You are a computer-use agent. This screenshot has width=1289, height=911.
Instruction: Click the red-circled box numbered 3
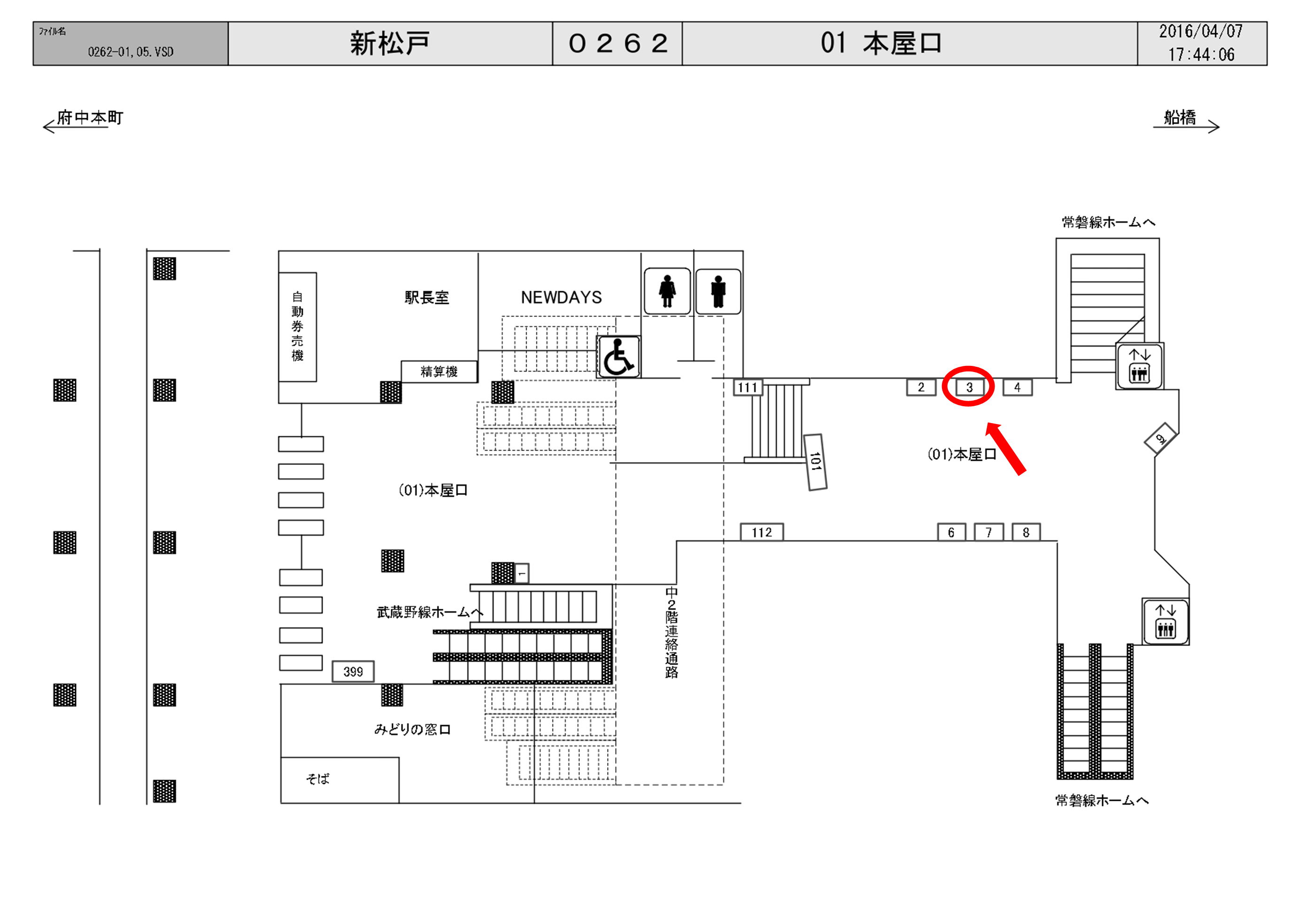[x=969, y=387]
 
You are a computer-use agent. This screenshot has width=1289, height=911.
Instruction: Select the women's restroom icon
[x=667, y=291]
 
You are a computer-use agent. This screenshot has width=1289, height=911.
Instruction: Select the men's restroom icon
[x=718, y=291]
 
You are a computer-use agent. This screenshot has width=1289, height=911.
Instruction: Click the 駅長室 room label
[x=427, y=297]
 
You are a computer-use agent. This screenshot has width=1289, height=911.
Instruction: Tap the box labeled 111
[x=748, y=387]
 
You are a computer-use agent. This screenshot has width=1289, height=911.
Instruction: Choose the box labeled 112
[x=762, y=532]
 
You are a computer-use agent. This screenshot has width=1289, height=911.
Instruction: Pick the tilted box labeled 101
[x=816, y=462]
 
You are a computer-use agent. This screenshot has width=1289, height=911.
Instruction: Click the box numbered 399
[x=353, y=671]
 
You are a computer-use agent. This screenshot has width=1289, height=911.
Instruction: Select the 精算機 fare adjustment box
[x=439, y=372]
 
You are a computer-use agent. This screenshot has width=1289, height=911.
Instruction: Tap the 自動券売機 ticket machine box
[x=298, y=326]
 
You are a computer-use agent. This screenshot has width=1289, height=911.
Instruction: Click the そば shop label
[x=318, y=779]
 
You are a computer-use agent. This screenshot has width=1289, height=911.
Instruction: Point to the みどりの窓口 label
[x=413, y=729]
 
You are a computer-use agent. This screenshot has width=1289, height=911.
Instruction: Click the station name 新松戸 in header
[x=390, y=44]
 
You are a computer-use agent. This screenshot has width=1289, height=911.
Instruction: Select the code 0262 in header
[x=617, y=44]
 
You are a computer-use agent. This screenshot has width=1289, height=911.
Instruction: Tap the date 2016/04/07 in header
[x=1201, y=31]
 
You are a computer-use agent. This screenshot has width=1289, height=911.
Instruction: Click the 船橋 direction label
[x=1180, y=117]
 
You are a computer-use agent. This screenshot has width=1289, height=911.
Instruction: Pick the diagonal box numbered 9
[x=1160, y=439]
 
